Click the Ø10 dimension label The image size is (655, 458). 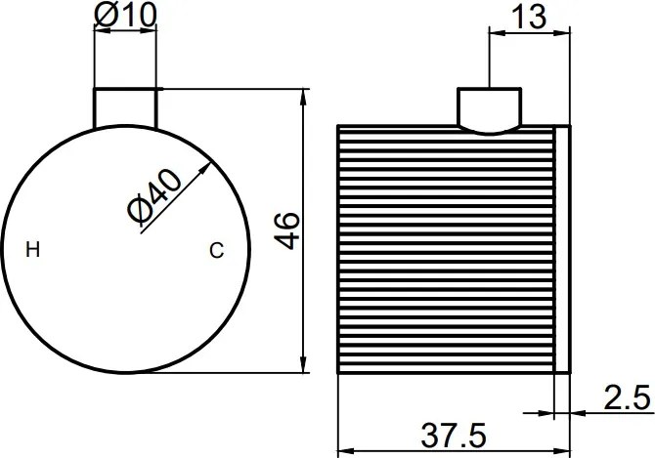pyautogui.click(x=125, y=15)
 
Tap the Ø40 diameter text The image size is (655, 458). pyautogui.click(x=154, y=195)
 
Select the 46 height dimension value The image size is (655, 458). pyautogui.click(x=287, y=230)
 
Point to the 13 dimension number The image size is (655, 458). pyautogui.click(x=529, y=17)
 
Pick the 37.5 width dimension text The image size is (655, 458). pyautogui.click(x=454, y=436)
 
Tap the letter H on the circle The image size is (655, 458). pyautogui.click(x=33, y=250)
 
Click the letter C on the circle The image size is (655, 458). pyautogui.click(x=216, y=251)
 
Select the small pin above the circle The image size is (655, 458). pyautogui.click(x=125, y=107)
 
